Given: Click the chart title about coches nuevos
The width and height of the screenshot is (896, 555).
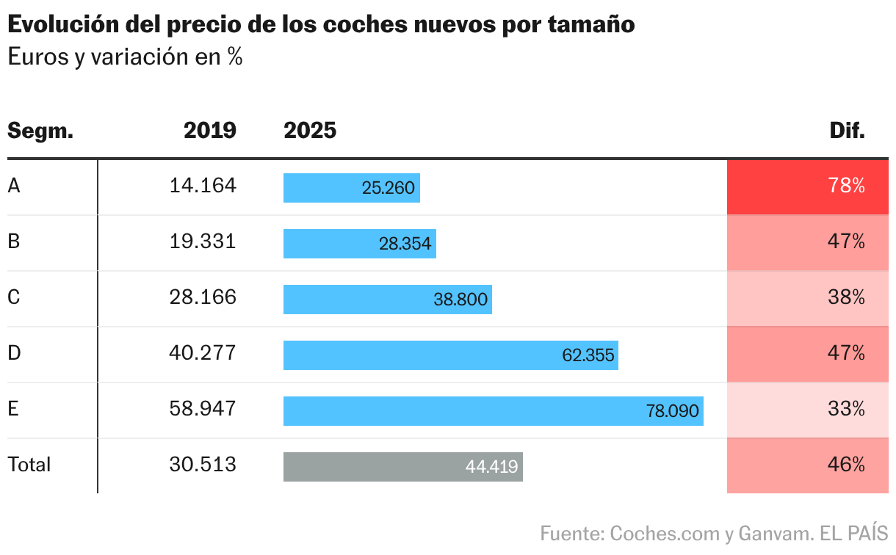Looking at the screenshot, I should [x=321, y=25].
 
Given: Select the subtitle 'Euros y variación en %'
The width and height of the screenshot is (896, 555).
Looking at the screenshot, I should [x=125, y=57].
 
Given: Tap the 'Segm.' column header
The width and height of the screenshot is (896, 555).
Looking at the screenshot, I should [x=40, y=131].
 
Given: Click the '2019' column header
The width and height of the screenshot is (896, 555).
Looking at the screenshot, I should [x=210, y=131].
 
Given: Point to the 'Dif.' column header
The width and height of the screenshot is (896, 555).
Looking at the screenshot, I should [x=848, y=131].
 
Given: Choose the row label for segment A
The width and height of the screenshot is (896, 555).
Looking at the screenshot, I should [x=14, y=186].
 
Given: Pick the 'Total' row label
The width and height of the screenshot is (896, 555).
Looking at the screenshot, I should [x=29, y=465].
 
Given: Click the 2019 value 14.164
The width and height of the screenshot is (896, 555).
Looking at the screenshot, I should [x=203, y=186].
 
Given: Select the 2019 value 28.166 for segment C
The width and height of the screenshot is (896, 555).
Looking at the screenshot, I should [x=203, y=297].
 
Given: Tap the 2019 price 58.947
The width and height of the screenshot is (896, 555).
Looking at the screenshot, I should [x=203, y=409].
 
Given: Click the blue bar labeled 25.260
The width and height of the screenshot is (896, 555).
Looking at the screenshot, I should [x=351, y=188].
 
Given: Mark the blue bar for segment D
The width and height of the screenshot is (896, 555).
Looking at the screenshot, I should [x=450, y=355].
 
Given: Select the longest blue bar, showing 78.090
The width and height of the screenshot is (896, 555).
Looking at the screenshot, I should [x=493, y=411].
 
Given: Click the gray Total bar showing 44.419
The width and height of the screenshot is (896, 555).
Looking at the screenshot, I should [x=402, y=467].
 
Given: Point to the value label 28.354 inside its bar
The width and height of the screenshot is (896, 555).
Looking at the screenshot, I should [x=405, y=244].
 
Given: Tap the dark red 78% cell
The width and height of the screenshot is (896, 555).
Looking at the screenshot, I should [x=807, y=186].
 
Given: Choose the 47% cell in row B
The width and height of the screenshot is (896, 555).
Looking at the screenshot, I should [x=807, y=242].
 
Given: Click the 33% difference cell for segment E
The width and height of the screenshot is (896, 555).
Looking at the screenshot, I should [x=807, y=410].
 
